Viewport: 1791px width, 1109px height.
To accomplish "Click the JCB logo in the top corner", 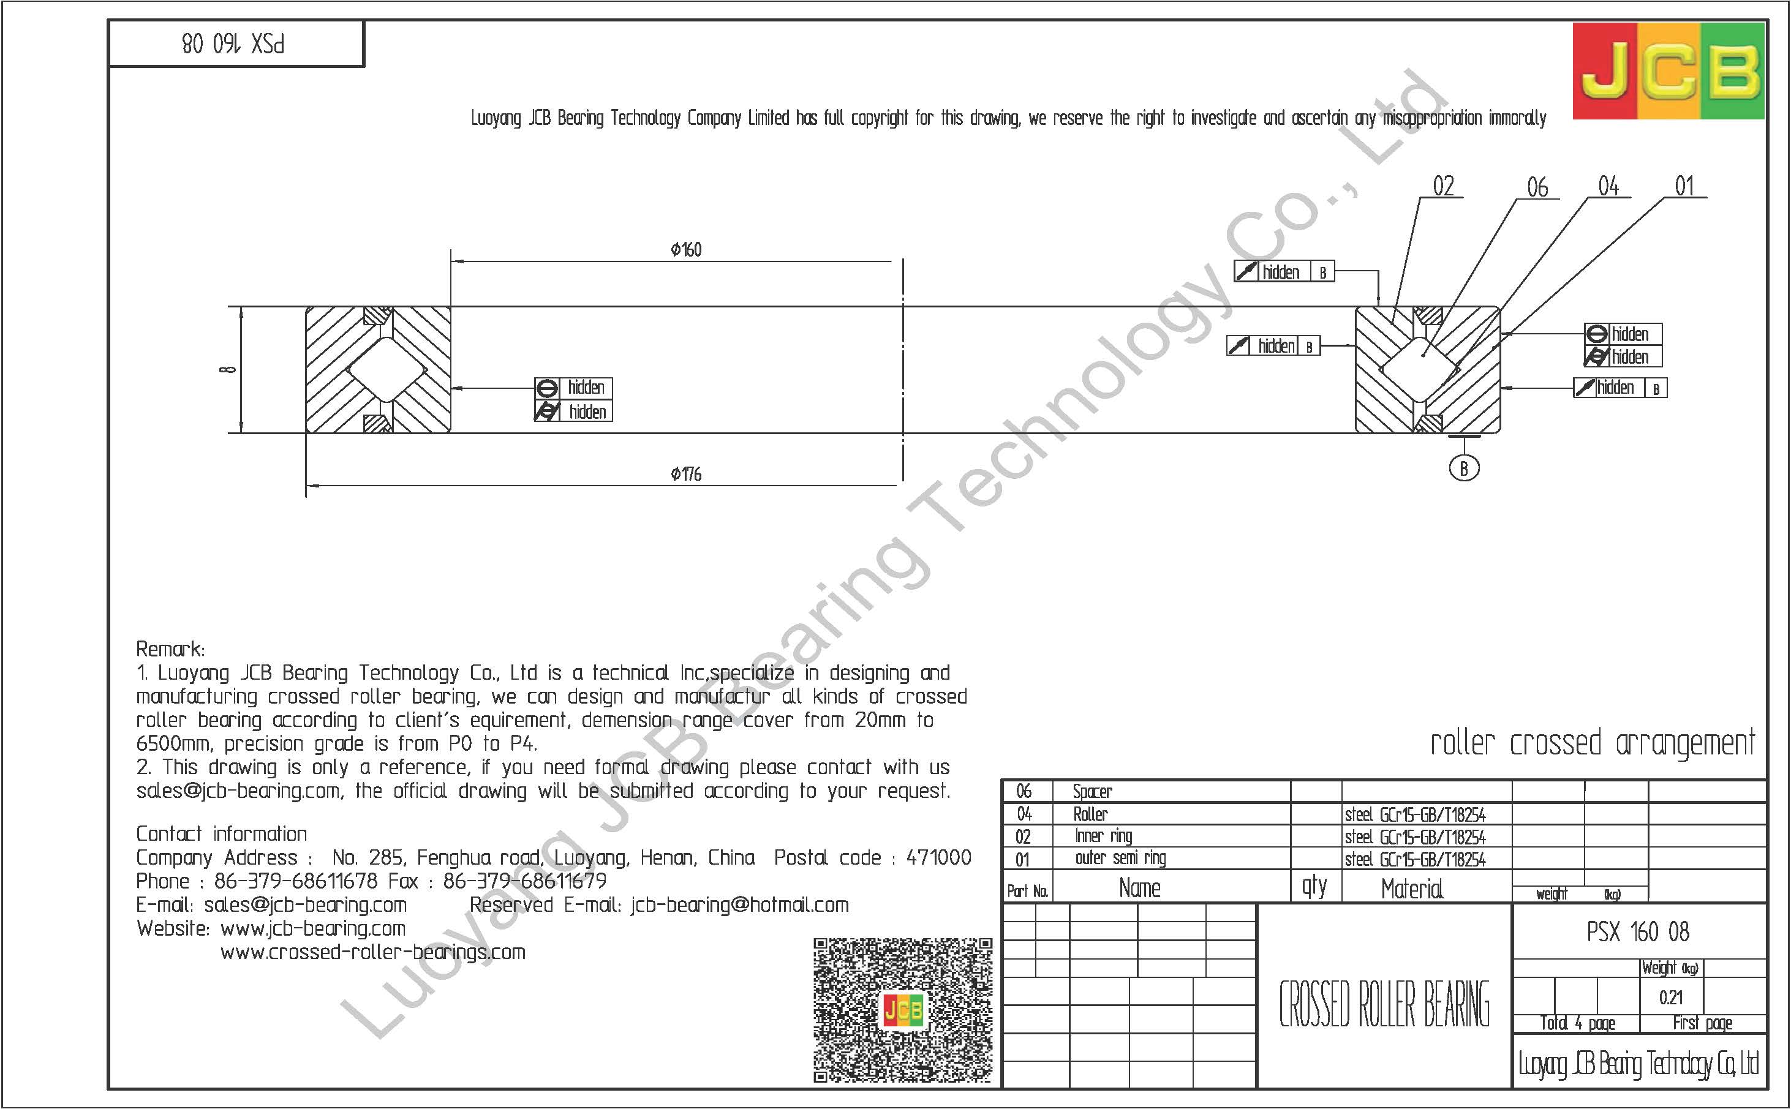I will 1668,71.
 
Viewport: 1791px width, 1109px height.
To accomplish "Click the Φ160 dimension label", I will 686,250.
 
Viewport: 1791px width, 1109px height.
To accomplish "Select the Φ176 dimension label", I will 686,475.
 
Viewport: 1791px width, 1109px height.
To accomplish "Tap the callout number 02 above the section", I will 1443,186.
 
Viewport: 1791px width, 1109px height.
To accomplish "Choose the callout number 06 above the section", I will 1537,188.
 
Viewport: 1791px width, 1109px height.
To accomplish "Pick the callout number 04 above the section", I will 1608,186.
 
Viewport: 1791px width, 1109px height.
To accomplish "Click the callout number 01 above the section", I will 1684,186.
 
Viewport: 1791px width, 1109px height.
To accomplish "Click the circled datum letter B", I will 1464,468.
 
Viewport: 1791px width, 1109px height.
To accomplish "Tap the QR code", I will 903,1009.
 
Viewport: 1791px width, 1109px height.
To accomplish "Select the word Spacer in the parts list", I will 1092,791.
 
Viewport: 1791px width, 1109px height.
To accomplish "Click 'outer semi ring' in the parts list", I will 1120,858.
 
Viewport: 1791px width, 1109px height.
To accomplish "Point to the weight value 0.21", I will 1671,998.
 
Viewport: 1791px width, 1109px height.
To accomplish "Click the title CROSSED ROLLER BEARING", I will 1384,1004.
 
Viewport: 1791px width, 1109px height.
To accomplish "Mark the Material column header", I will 1412,889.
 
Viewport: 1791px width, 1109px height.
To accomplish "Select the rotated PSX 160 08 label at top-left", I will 233,44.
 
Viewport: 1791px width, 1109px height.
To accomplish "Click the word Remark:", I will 170,649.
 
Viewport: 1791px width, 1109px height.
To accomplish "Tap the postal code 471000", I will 939,857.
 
